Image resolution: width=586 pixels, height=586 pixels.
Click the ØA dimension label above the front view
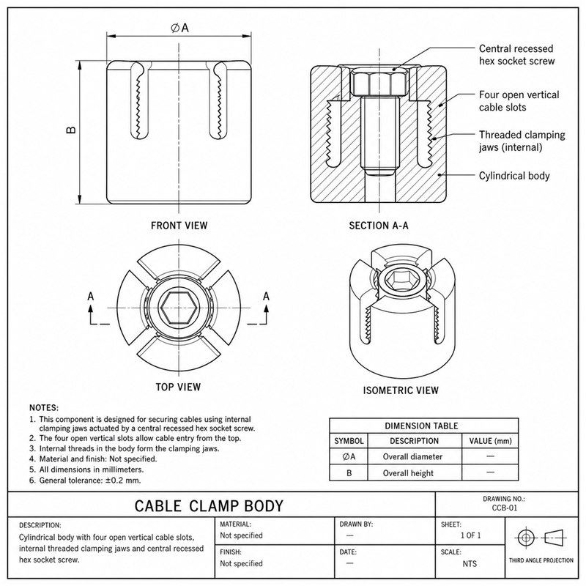tap(179, 28)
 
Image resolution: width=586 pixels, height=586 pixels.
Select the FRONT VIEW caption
tap(179, 226)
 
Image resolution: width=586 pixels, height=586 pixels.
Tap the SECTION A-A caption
tap(379, 226)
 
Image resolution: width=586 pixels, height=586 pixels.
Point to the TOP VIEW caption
tap(178, 387)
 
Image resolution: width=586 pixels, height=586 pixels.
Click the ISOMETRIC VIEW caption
tap(401, 390)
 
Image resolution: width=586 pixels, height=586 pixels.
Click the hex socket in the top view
tap(179, 308)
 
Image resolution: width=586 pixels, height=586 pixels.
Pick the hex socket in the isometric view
tap(399, 279)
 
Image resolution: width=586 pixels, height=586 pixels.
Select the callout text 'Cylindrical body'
tap(514, 176)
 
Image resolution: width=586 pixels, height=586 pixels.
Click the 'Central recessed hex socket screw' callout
tap(516, 54)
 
